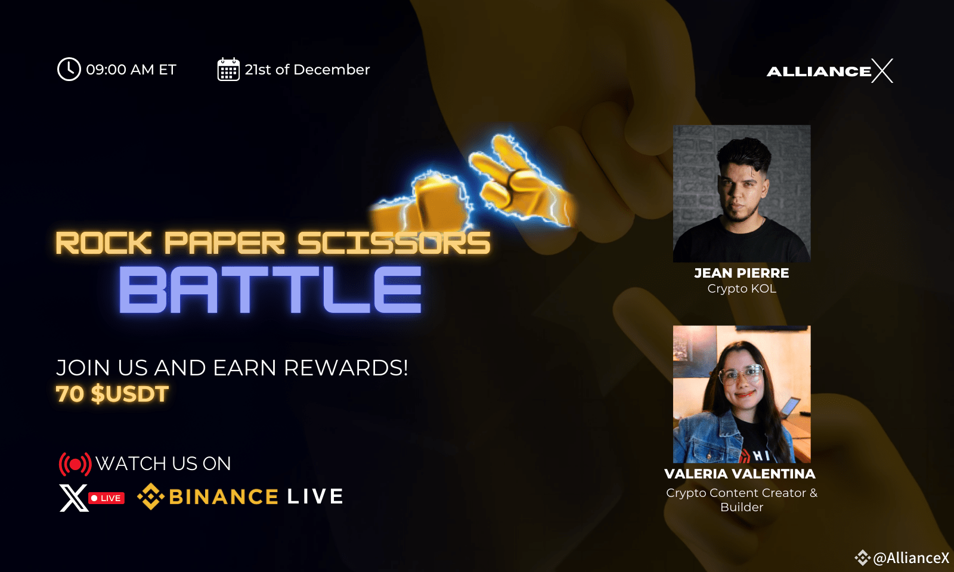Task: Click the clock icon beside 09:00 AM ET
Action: point(69,69)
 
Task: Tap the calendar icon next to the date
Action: point(228,69)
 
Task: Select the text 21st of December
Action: point(307,69)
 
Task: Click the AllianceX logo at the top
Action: point(829,71)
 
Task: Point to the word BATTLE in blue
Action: point(271,290)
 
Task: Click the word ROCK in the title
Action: point(104,243)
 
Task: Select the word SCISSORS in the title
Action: point(394,243)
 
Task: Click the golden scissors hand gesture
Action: point(522,183)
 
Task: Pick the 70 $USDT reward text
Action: point(113,394)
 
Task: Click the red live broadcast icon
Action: point(75,464)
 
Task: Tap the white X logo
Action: point(74,498)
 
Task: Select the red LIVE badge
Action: point(107,498)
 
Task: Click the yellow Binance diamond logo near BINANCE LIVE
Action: point(151,496)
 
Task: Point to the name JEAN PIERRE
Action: point(742,273)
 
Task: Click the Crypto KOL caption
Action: point(742,288)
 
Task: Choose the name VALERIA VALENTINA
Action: point(740,474)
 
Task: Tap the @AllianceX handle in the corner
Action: point(911,558)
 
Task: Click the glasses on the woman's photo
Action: point(741,375)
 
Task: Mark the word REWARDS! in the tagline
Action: point(346,368)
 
